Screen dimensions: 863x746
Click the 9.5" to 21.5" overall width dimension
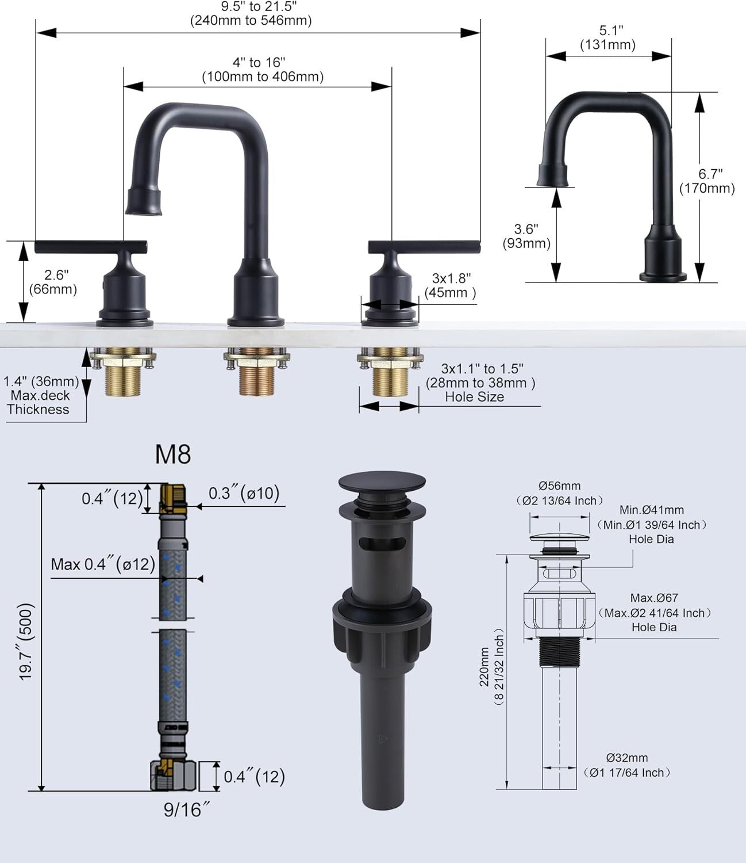(251, 14)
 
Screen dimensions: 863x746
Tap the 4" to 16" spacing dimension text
(262, 70)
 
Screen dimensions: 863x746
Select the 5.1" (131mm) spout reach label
(607, 37)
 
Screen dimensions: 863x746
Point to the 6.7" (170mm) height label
(707, 181)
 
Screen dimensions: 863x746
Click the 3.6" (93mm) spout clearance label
(526, 236)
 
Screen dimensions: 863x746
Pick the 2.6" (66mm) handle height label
(53, 282)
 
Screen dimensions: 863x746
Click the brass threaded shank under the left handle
(124, 383)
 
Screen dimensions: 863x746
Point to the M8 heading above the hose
(173, 455)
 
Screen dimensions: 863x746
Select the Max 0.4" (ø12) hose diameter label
(103, 564)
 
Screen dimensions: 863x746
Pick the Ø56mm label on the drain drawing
(559, 486)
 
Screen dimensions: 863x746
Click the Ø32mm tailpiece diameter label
(626, 758)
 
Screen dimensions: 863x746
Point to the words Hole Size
(474, 397)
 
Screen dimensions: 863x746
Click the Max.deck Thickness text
(39, 403)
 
